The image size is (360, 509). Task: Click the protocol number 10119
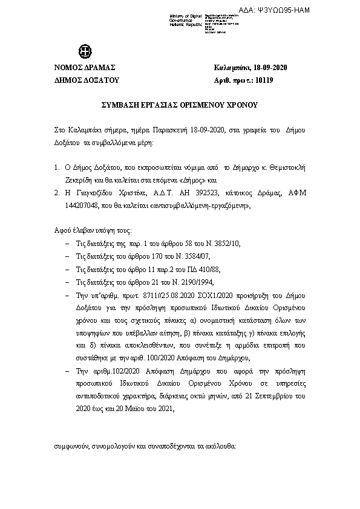(264, 79)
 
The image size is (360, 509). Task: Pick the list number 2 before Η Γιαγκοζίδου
(56, 192)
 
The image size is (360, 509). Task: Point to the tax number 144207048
(82, 205)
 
